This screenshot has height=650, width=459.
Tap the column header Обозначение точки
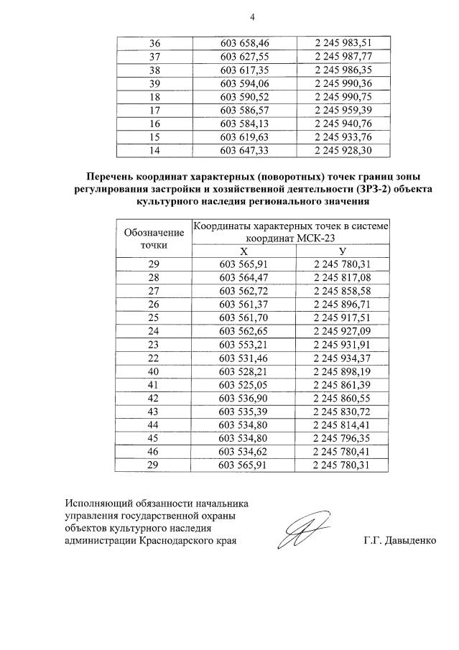154,238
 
